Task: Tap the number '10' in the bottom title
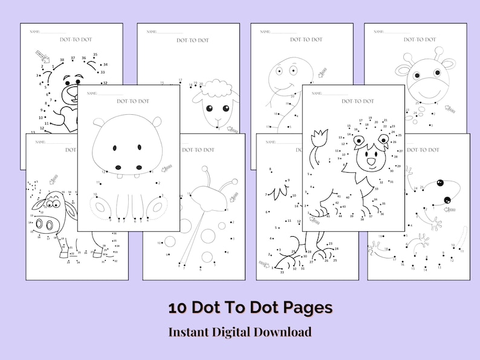tap(177, 307)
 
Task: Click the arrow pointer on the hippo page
tap(166, 168)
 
